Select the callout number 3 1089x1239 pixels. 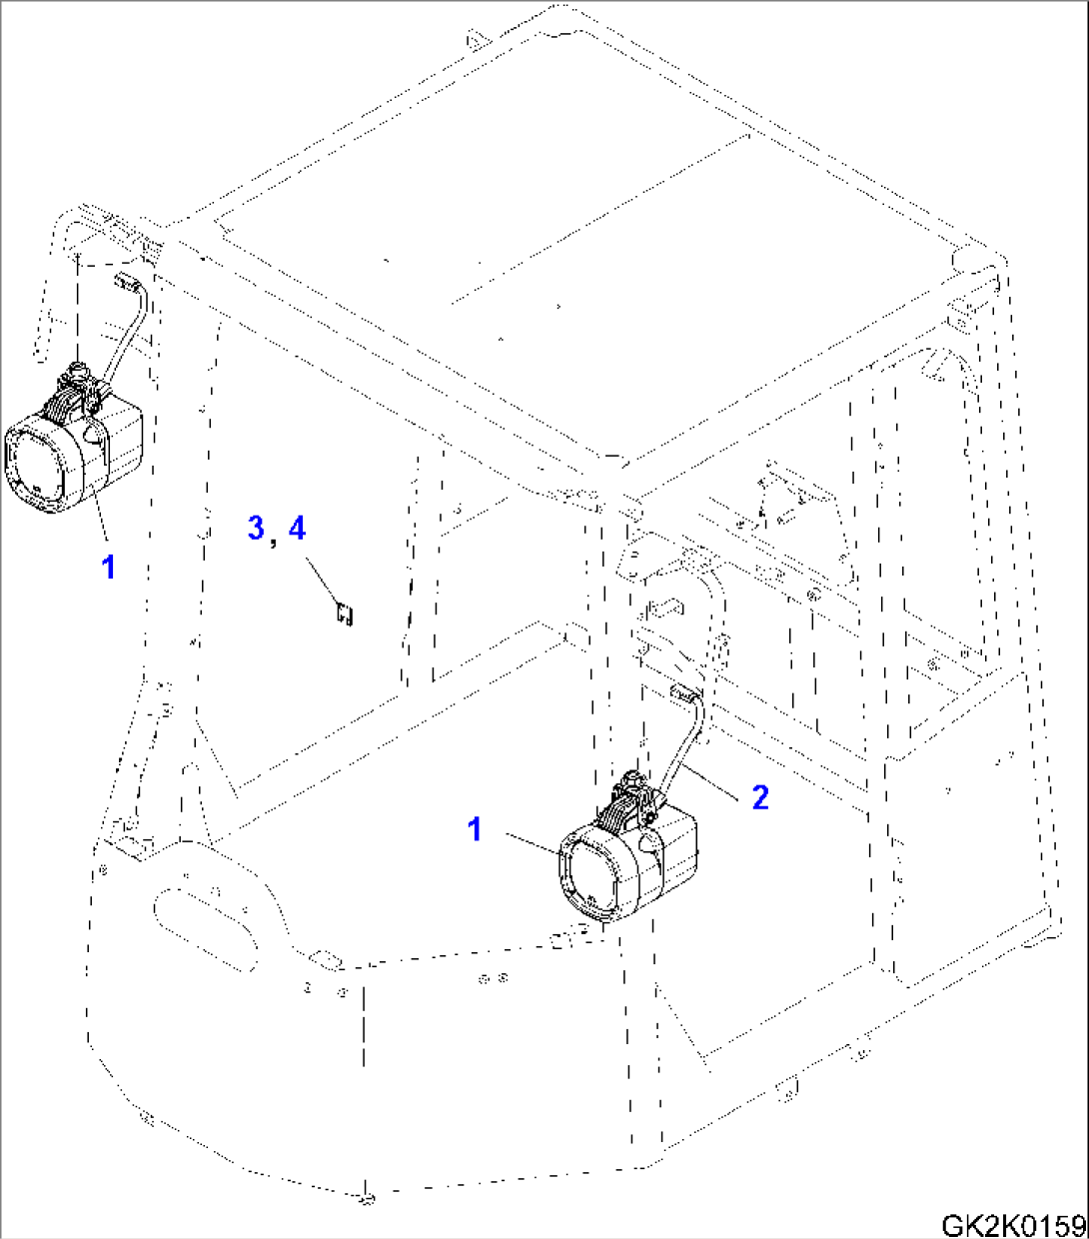click(x=257, y=528)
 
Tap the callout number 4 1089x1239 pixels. click(x=297, y=528)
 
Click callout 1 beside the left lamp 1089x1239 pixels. click(x=108, y=567)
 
